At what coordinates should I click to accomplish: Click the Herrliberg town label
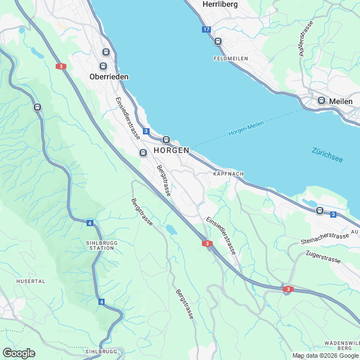point(220,4)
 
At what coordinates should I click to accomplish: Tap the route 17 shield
point(206,29)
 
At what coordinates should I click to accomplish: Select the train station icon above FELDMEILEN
point(218,41)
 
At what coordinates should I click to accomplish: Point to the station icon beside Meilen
point(321,101)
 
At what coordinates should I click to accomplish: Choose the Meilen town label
point(341,101)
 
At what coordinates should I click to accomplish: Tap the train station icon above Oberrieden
point(105,52)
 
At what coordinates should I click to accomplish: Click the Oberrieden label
point(109,76)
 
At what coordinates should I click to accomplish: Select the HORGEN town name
point(171,151)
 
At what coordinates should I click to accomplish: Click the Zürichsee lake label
point(327,155)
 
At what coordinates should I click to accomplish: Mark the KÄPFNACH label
point(228,174)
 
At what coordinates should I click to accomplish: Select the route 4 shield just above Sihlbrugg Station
point(89,223)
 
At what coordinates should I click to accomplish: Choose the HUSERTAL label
point(31,281)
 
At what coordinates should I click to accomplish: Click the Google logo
point(18,353)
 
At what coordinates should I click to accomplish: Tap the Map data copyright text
point(325,355)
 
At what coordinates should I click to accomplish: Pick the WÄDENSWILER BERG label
point(341,345)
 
